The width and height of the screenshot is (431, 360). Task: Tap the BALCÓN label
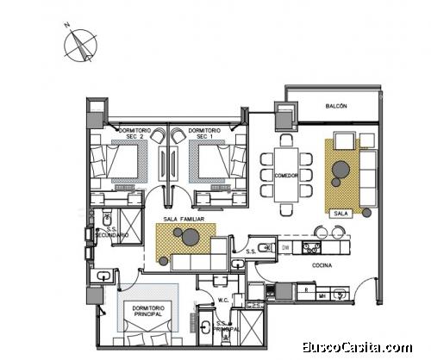pyautogui.click(x=336, y=106)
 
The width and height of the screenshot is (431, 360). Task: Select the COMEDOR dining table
pyautogui.click(x=286, y=175)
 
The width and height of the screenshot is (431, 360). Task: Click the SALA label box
pyautogui.click(x=340, y=211)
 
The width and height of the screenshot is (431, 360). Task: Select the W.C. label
pyautogui.click(x=222, y=301)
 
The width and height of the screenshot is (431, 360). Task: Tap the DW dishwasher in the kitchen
pyautogui.click(x=285, y=248)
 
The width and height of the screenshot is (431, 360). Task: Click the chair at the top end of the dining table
pyautogui.click(x=286, y=137)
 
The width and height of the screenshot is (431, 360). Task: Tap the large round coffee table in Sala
pyautogui.click(x=340, y=168)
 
